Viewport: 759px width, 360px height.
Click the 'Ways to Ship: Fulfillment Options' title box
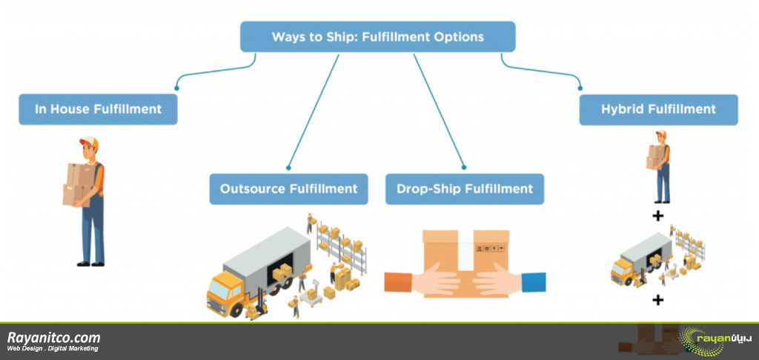tap(377, 37)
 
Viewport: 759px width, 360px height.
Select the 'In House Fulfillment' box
tap(99, 110)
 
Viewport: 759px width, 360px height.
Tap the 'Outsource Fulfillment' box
tap(288, 189)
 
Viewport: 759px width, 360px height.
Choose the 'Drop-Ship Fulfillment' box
tap(465, 189)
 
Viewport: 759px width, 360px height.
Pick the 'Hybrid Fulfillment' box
tap(658, 110)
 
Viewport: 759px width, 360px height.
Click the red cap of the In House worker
tap(89, 141)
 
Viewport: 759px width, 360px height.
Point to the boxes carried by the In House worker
tap(77, 185)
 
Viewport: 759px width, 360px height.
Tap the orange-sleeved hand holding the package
tap(421, 281)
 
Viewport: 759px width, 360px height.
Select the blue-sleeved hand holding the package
tap(509, 281)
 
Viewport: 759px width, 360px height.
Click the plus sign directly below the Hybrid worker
tap(657, 216)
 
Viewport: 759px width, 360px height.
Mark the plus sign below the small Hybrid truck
tap(657, 301)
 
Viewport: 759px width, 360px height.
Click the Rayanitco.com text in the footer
tap(53, 337)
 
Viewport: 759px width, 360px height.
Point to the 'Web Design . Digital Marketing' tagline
tap(53, 349)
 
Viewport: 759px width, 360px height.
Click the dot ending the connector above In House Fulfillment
tap(176, 89)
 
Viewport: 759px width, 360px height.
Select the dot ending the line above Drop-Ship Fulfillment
tap(464, 167)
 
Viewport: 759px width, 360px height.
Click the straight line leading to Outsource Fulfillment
tap(314, 111)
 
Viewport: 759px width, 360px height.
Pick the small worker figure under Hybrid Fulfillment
tap(659, 166)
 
